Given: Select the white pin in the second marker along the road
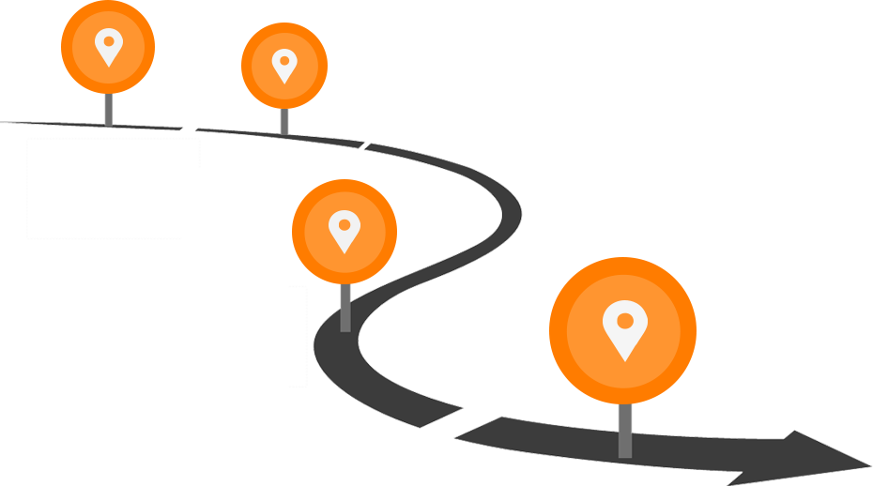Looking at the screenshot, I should point(283,66).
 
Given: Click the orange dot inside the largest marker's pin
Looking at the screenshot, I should point(624,319).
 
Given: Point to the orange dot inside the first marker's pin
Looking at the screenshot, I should point(109,41).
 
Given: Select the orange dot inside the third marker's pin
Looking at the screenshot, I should point(345,225).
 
